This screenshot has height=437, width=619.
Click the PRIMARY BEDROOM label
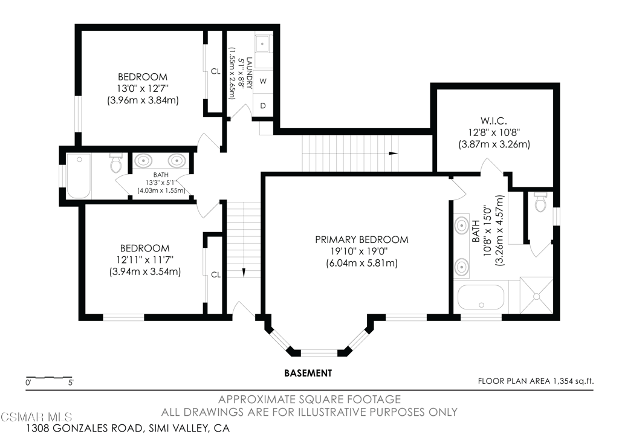click(x=361, y=240)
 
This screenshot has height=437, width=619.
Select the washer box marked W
click(x=264, y=80)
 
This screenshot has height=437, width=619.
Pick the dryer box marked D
click(x=264, y=105)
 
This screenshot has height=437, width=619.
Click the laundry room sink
click(x=264, y=44)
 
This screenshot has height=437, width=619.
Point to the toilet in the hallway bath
click(x=116, y=163)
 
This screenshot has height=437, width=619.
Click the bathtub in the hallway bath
click(x=79, y=175)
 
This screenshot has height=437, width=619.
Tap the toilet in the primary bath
click(x=541, y=202)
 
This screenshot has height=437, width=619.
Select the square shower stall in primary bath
click(x=536, y=296)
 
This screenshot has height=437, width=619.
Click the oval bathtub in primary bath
click(x=480, y=297)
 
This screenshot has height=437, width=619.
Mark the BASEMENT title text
click(x=308, y=373)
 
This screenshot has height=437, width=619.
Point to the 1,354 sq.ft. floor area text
click(x=536, y=381)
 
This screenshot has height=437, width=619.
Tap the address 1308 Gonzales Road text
click(x=128, y=428)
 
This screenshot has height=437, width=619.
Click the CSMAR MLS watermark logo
click(x=36, y=417)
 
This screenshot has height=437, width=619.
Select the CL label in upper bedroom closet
click(x=215, y=71)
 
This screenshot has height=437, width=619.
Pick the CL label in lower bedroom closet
click(x=215, y=274)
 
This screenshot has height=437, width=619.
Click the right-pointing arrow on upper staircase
click(x=394, y=154)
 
